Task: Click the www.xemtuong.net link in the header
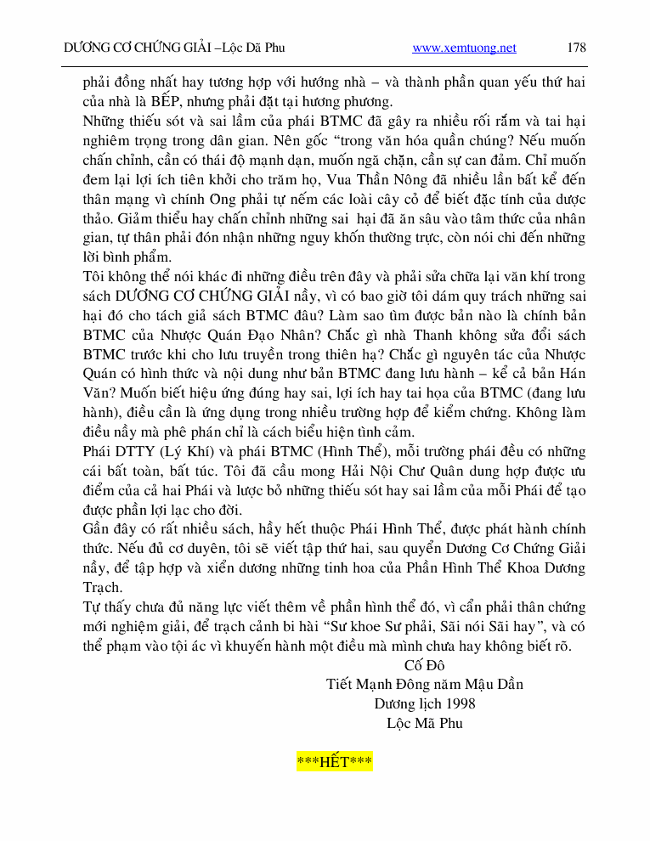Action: click(x=464, y=48)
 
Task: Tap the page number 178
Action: click(x=576, y=48)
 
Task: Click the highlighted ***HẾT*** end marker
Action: click(x=335, y=760)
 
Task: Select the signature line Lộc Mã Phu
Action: click(x=424, y=723)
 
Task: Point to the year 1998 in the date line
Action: click(x=460, y=703)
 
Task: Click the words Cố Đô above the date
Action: click(x=424, y=664)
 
